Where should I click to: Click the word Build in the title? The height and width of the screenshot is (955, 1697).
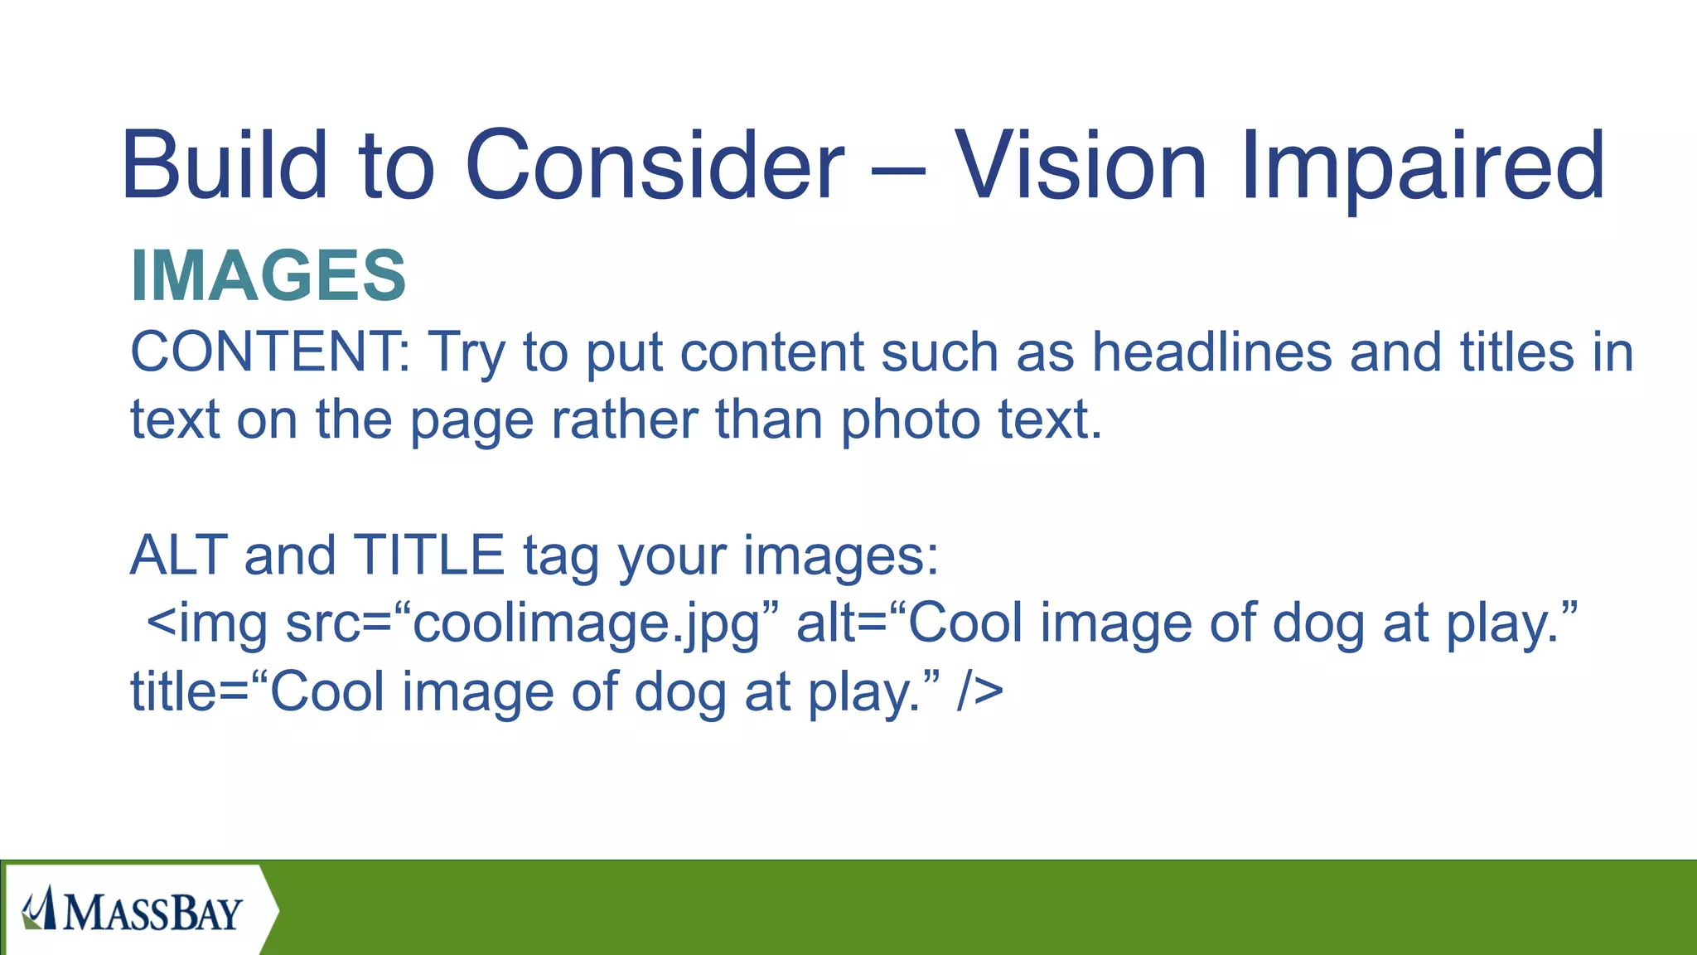click(x=225, y=165)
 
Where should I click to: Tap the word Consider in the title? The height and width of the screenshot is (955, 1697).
click(x=655, y=165)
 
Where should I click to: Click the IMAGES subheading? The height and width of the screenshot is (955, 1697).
click(x=268, y=275)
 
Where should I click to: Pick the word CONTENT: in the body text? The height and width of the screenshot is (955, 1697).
click(x=269, y=351)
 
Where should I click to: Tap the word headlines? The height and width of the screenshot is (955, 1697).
click(x=1211, y=351)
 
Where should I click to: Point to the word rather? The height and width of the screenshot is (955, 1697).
click(x=624, y=419)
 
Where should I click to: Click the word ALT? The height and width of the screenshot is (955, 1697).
click(x=177, y=555)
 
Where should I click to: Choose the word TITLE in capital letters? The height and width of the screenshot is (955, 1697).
click(x=428, y=555)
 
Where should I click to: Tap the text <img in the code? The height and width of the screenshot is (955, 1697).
click(x=207, y=624)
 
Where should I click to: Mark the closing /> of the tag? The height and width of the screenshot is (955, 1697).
click(x=979, y=692)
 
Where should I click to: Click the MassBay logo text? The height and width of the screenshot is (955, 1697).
click(x=153, y=913)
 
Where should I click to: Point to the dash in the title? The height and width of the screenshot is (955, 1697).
click(x=898, y=170)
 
